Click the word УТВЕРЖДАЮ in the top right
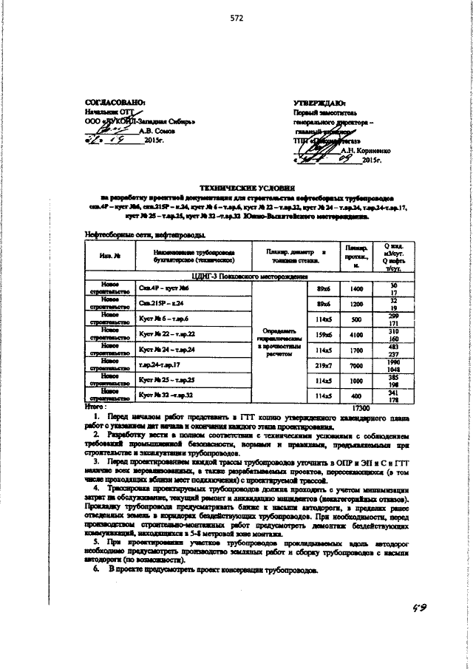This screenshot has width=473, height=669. coord(319,103)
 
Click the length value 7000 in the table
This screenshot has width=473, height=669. coord(356,365)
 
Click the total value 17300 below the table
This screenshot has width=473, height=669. coord(361,407)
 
